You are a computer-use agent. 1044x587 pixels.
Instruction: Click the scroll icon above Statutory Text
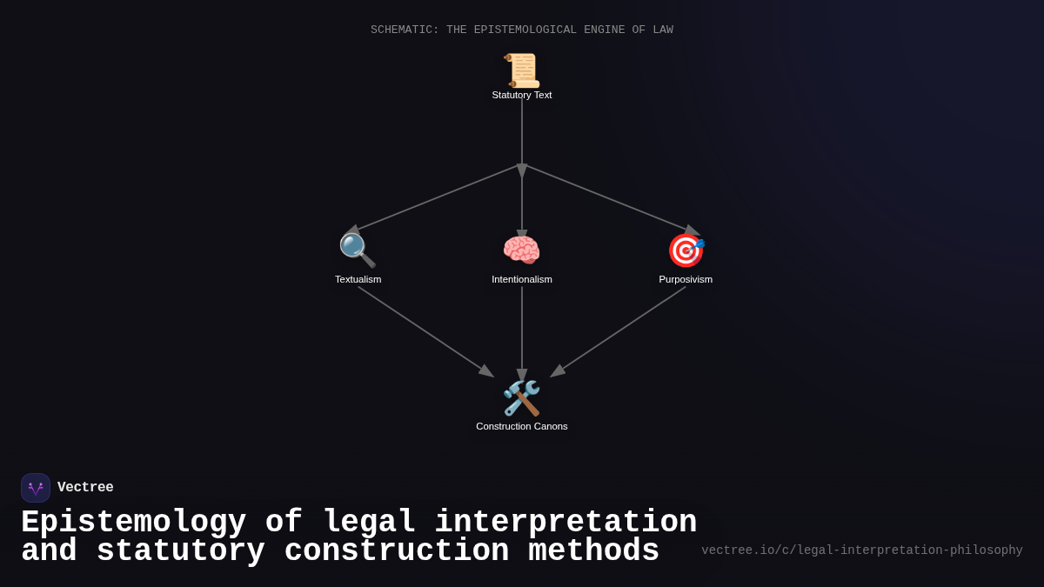(x=522, y=70)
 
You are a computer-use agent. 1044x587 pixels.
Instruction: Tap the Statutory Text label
(x=522, y=95)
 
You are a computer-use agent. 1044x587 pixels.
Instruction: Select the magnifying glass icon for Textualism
(x=357, y=250)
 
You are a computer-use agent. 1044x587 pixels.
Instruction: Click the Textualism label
(x=358, y=279)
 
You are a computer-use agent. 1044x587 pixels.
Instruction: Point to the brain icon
(x=522, y=250)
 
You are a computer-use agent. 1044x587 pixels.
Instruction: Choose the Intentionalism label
(x=522, y=279)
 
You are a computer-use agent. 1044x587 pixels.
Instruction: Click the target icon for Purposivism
(x=686, y=250)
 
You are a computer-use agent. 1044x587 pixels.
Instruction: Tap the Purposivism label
(x=686, y=279)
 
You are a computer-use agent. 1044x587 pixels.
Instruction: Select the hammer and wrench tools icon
(x=522, y=398)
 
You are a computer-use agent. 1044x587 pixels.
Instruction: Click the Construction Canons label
(x=522, y=426)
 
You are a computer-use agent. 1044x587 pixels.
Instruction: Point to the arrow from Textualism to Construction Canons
(x=425, y=331)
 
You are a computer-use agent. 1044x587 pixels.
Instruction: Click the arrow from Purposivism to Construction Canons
(x=619, y=331)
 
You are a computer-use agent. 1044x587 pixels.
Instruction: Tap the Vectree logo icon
(x=36, y=488)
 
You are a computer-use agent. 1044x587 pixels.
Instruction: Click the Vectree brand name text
(x=85, y=488)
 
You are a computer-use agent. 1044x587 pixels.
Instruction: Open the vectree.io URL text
(x=861, y=550)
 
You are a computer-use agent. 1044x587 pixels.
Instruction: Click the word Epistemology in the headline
(x=134, y=523)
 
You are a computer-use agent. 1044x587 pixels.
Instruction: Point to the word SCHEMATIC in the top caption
(x=405, y=30)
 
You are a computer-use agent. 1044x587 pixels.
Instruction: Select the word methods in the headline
(x=593, y=551)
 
